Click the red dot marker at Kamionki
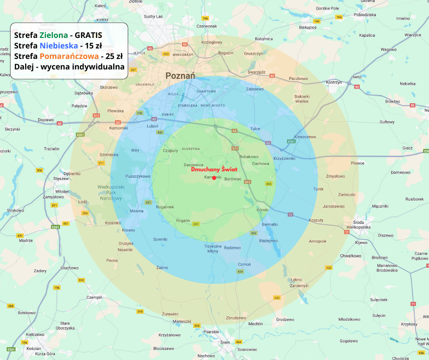[x=214, y=178]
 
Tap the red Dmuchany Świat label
[x=214, y=169]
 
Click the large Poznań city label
[x=180, y=76]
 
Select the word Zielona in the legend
[x=53, y=35]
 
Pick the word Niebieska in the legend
[x=58, y=46]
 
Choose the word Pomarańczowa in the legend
[x=69, y=57]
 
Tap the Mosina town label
[x=136, y=211]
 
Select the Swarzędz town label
[x=256, y=72]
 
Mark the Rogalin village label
[x=183, y=221]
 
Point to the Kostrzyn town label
[x=335, y=82]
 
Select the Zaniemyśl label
[x=299, y=286]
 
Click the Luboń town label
[x=152, y=126]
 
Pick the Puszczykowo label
[x=138, y=176]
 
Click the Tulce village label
[x=255, y=129]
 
